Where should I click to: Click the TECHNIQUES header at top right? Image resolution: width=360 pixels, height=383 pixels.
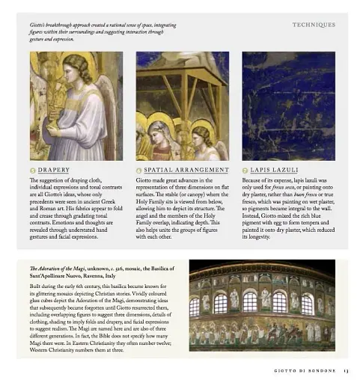pyautogui.click(x=314, y=25)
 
